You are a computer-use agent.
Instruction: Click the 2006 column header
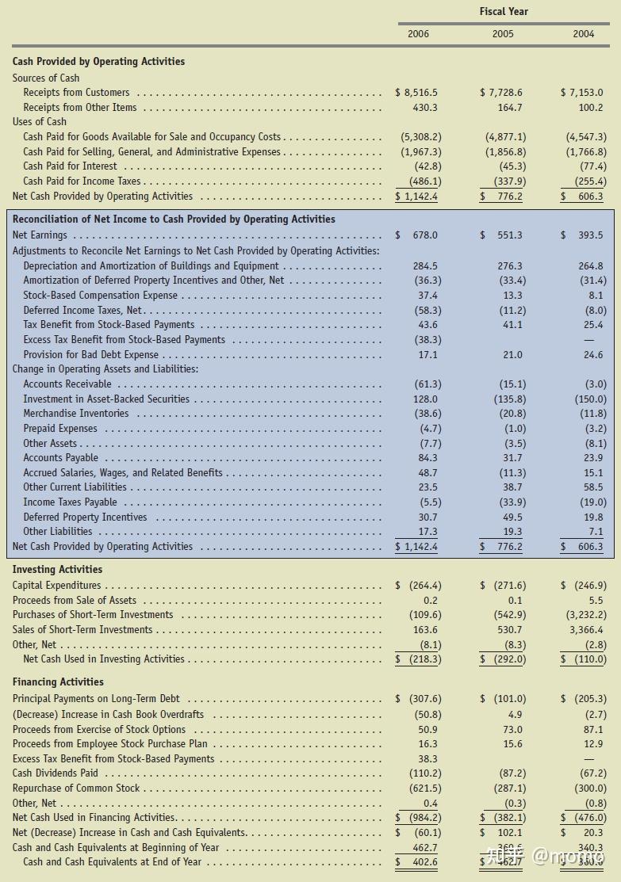(x=418, y=34)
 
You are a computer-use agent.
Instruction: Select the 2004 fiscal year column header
(x=583, y=34)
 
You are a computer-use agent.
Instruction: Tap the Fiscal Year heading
(x=503, y=11)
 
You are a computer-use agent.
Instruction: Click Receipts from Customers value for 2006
(x=416, y=93)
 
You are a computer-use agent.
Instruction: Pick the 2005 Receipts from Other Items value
(x=508, y=108)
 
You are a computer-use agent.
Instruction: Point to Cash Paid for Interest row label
(x=70, y=166)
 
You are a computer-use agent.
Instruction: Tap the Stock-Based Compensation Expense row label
(x=100, y=296)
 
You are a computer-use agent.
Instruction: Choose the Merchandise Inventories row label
(x=75, y=414)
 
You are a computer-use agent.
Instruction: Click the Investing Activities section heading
(x=57, y=570)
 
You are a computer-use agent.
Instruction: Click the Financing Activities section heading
(x=58, y=682)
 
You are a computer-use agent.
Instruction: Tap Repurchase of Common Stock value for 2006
(x=421, y=788)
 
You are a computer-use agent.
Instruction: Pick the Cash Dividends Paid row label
(x=56, y=773)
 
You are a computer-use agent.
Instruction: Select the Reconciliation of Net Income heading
(x=174, y=220)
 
